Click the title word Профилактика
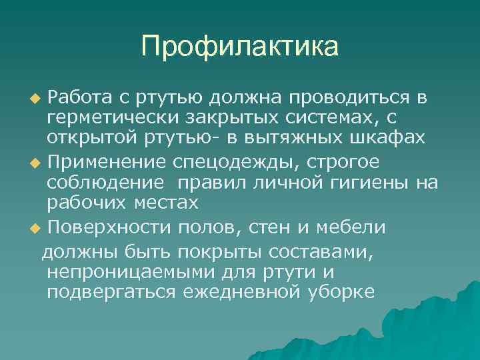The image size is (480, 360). pyautogui.click(x=240, y=47)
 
